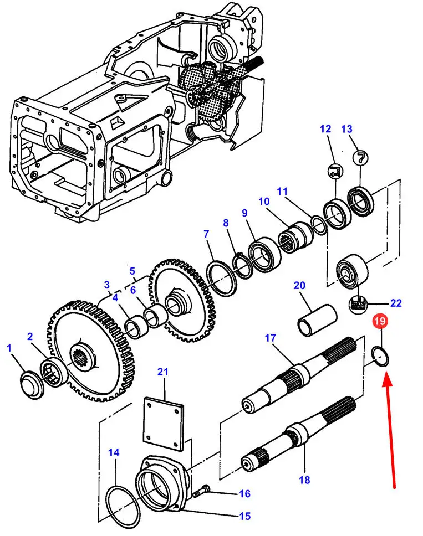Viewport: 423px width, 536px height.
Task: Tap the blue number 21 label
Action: pyautogui.click(x=162, y=372)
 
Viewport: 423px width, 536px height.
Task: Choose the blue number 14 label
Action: pyautogui.click(x=113, y=452)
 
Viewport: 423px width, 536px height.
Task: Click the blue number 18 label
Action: pyautogui.click(x=304, y=480)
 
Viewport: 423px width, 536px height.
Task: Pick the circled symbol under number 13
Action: pyautogui.click(x=360, y=157)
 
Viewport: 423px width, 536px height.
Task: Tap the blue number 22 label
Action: pyautogui.click(x=396, y=303)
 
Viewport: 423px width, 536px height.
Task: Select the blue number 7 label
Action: pyautogui.click(x=206, y=234)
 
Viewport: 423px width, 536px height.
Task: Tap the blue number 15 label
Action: pyautogui.click(x=244, y=516)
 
